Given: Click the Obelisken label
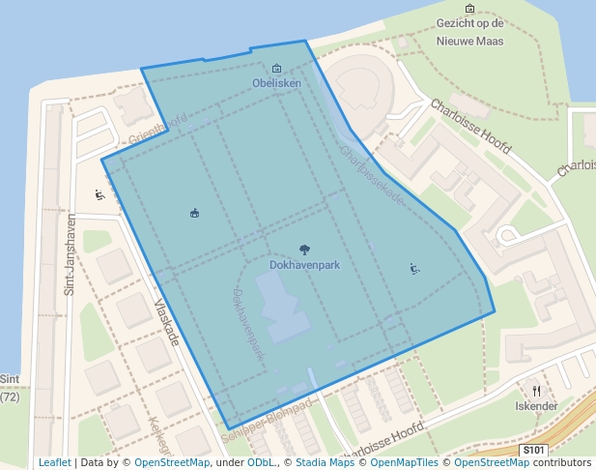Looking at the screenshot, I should tap(277, 83).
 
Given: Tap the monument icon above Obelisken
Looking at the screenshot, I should tap(277, 69).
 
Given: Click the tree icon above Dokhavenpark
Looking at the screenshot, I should tap(304, 250).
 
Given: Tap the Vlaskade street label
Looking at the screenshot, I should tap(167, 322).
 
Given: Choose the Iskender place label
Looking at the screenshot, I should tap(536, 406).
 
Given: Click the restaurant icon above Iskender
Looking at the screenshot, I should tap(537, 391).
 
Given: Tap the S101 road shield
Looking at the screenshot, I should tap(533, 450).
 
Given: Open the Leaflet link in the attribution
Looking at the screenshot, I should tap(54, 462).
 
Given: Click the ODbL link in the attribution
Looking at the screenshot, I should tap(261, 462).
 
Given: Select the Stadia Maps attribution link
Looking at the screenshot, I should tap(325, 462).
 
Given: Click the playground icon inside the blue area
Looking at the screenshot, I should tap(414, 269).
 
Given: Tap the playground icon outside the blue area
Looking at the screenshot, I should tap(99, 194).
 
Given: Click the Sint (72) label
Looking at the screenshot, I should tap(11, 388).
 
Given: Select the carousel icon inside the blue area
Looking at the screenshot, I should tap(194, 213).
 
